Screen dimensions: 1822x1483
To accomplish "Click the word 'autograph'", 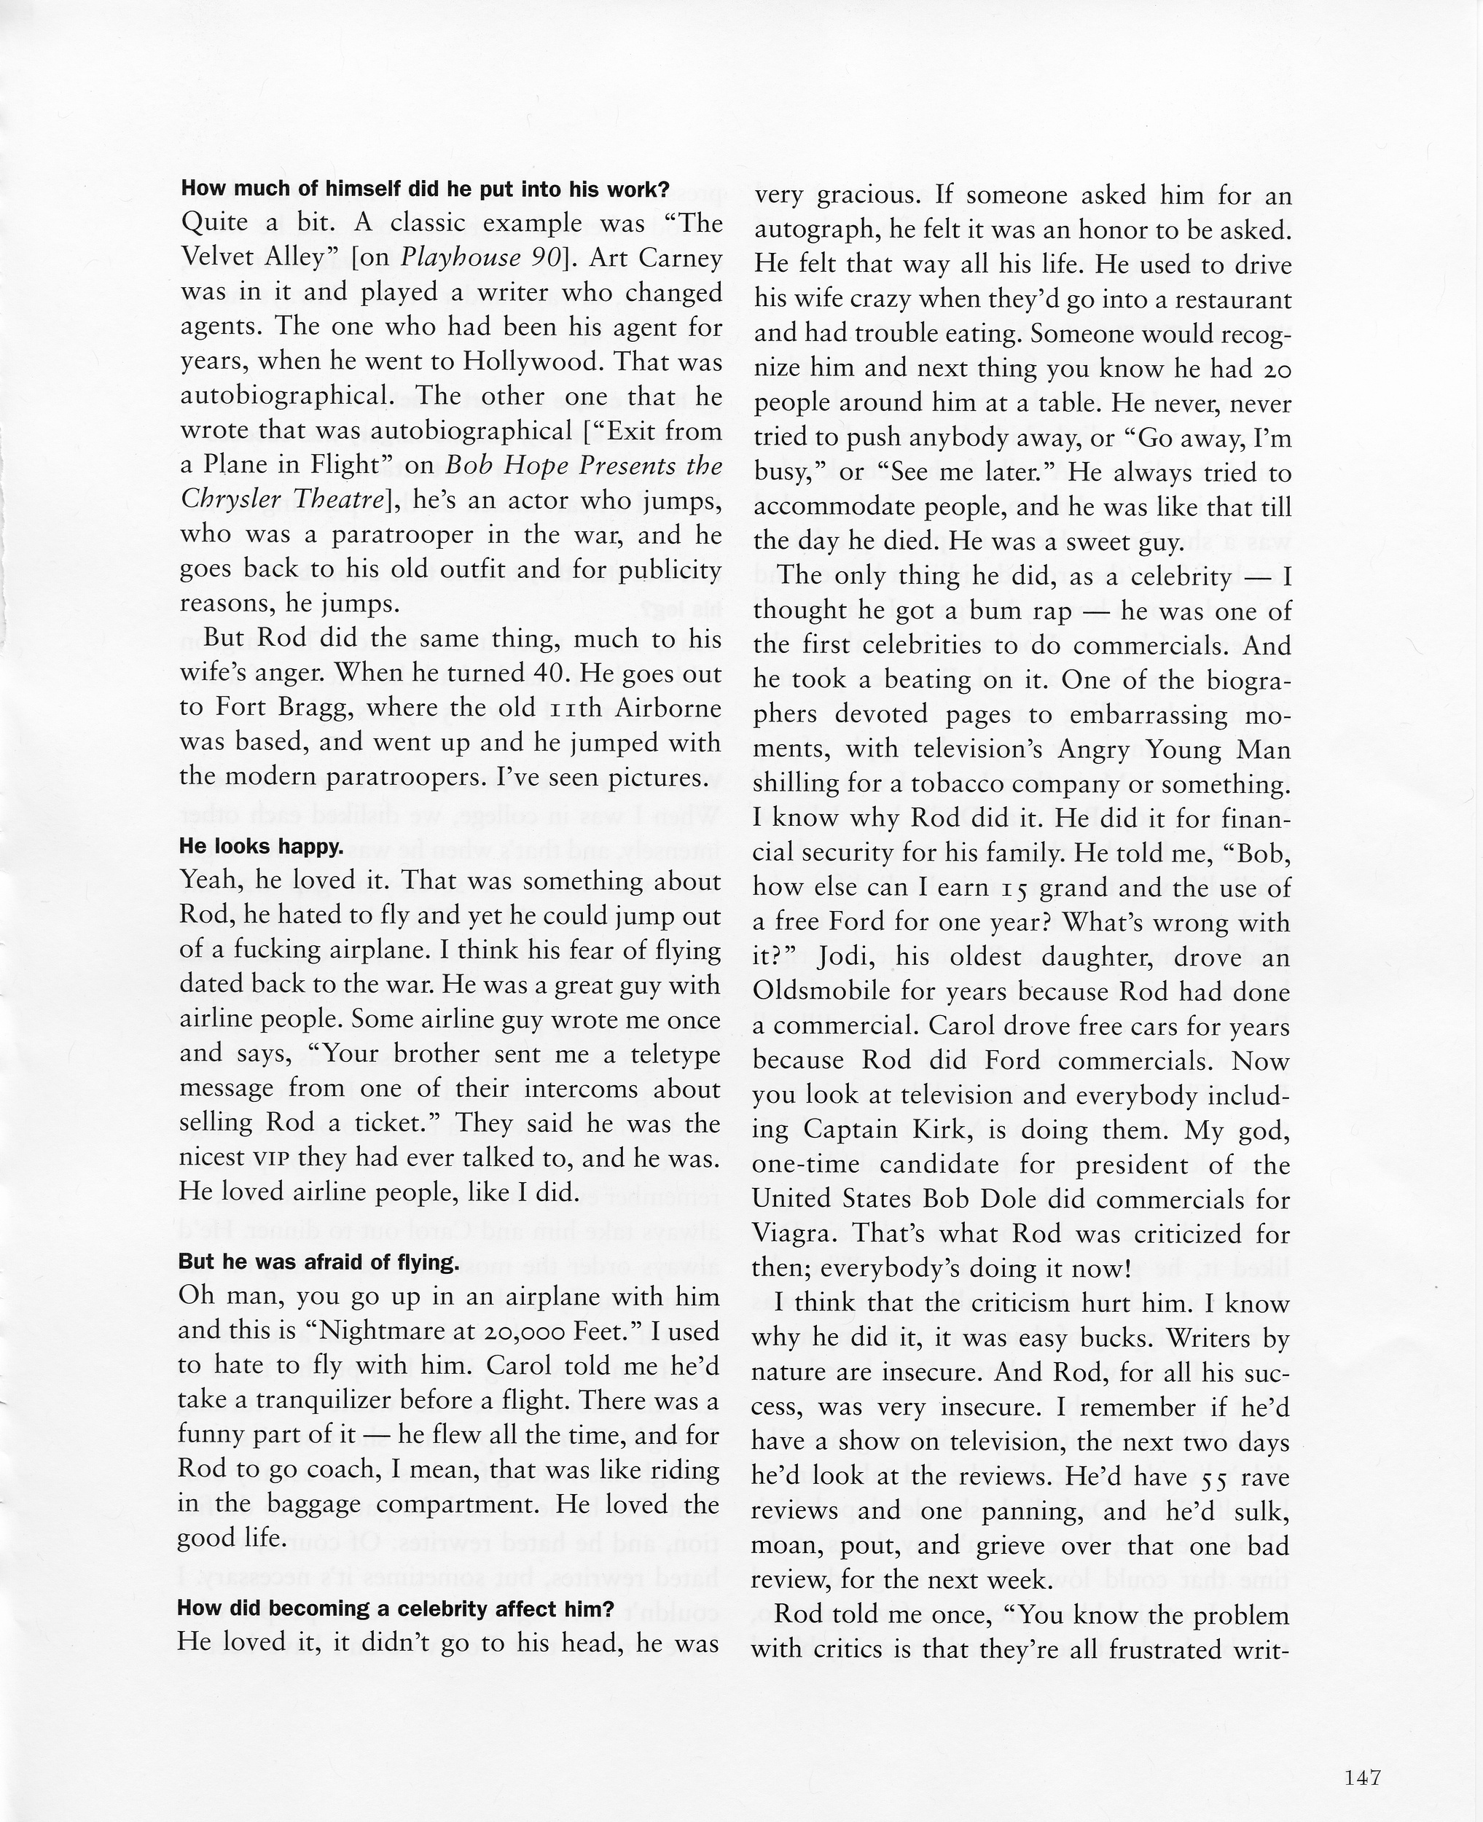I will (x=815, y=230).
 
